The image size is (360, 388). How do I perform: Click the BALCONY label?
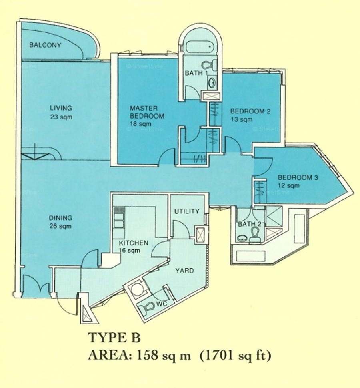pos(45,45)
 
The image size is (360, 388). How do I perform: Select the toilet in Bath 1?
pos(206,65)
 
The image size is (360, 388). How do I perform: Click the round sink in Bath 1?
pos(212,82)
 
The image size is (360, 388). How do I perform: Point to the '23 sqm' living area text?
pos(61,117)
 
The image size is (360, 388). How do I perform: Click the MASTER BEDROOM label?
pos(147,112)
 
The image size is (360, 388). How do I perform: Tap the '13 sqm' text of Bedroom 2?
pos(241,119)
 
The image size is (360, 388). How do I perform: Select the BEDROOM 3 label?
pos(298,177)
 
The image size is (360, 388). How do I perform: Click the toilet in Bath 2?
pos(255,235)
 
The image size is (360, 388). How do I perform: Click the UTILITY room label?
pos(186,211)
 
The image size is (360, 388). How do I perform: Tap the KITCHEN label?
pos(134,243)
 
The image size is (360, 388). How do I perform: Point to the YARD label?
pos(184,271)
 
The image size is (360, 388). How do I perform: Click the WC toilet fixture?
pos(147,307)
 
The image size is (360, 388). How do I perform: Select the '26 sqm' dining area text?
pos(60,226)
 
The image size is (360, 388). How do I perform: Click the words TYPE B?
pos(114,338)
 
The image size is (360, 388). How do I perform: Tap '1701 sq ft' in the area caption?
pos(235,356)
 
